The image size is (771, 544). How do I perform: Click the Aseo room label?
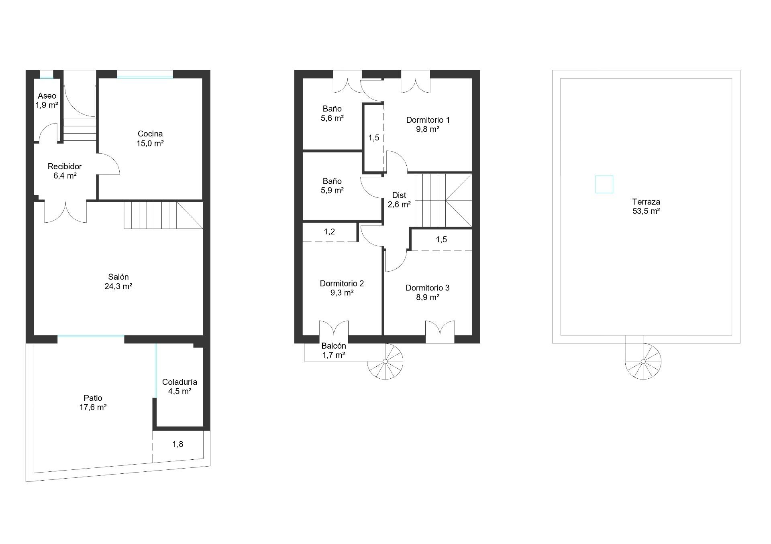tap(47, 100)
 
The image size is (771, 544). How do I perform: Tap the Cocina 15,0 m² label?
tap(150, 138)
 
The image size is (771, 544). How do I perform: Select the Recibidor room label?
tap(65, 171)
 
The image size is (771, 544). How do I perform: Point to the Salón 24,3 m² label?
tap(118, 281)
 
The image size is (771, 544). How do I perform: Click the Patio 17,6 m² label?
tap(93, 403)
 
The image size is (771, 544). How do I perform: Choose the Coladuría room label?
tap(179, 386)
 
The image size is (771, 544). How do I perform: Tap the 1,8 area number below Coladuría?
tap(178, 444)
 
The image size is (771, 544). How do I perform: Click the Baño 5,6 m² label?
tap(332, 113)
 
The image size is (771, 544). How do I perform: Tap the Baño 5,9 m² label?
tap(332, 186)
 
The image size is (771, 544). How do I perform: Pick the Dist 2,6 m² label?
tap(399, 200)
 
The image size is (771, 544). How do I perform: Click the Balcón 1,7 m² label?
tap(334, 350)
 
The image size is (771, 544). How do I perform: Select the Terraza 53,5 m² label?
tap(646, 206)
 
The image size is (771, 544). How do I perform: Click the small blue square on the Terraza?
tap(604, 185)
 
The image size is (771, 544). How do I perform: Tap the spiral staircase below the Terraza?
tap(643, 361)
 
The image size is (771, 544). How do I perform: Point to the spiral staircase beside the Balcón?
tap(385, 361)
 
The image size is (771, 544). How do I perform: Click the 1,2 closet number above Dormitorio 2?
tap(329, 231)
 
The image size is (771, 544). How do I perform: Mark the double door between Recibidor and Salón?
tap(65, 212)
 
